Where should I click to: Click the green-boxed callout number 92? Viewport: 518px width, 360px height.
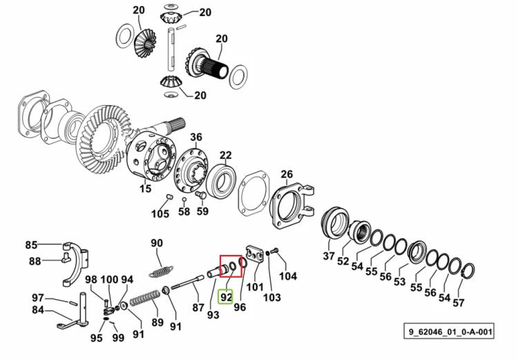(226, 297)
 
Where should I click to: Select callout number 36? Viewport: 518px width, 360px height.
(196, 137)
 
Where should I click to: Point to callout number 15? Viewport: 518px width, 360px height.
(145, 189)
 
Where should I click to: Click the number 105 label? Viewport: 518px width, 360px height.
(160, 214)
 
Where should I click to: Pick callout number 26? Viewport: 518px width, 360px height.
(287, 174)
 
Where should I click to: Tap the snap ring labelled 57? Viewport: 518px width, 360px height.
(468, 271)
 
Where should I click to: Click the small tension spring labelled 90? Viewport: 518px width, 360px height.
(161, 272)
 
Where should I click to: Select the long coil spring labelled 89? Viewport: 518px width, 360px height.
(144, 298)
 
